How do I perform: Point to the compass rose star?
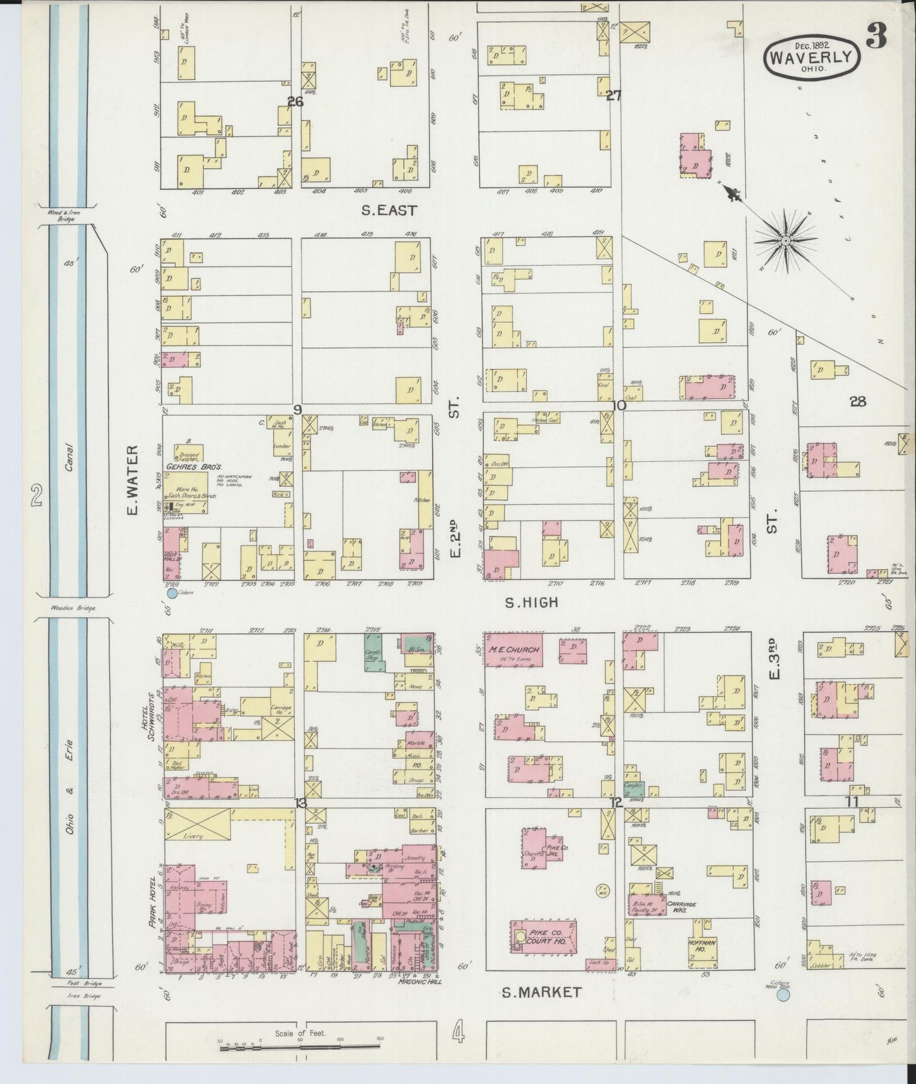click(785, 240)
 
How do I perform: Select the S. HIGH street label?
click(531, 603)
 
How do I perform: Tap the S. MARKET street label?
click(541, 993)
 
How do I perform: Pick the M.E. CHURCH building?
click(514, 650)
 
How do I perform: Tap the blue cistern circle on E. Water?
click(171, 594)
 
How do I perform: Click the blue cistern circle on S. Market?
click(783, 995)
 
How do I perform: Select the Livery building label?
click(192, 836)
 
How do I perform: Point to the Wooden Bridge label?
click(74, 608)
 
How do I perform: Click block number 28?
click(858, 401)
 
